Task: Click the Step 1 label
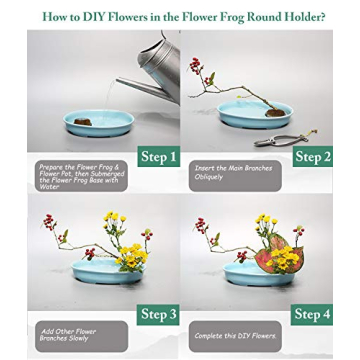pyautogui.click(x=159, y=156)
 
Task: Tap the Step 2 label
pyautogui.click(x=313, y=156)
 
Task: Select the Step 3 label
pyautogui.click(x=159, y=314)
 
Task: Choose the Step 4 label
pyautogui.click(x=313, y=314)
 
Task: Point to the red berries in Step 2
pyautogui.click(x=196, y=65)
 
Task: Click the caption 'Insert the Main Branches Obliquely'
pyautogui.click(x=234, y=172)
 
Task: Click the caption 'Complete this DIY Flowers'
pyautogui.click(x=234, y=335)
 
